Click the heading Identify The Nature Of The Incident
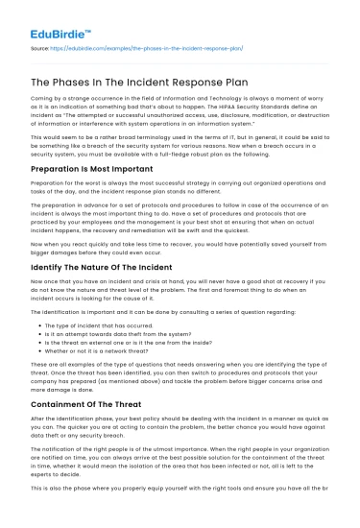click(x=101, y=268)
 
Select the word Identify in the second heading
click(x=48, y=268)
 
